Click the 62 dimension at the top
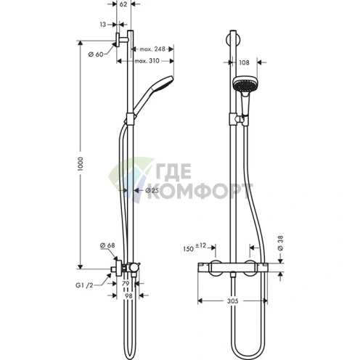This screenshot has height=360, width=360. [x=123, y=4]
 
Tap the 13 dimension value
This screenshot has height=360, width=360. [x=103, y=25]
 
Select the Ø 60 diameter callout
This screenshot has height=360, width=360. [x=96, y=54]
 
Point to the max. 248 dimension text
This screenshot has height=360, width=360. [x=152, y=49]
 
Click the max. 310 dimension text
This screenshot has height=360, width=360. [x=147, y=61]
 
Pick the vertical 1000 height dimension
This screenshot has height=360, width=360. [x=81, y=164]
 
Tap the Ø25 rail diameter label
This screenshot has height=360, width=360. [x=152, y=191]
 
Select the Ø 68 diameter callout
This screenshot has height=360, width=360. [x=107, y=245]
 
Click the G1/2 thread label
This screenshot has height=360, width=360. [x=84, y=285]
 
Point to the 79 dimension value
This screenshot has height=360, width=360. [x=126, y=284]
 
